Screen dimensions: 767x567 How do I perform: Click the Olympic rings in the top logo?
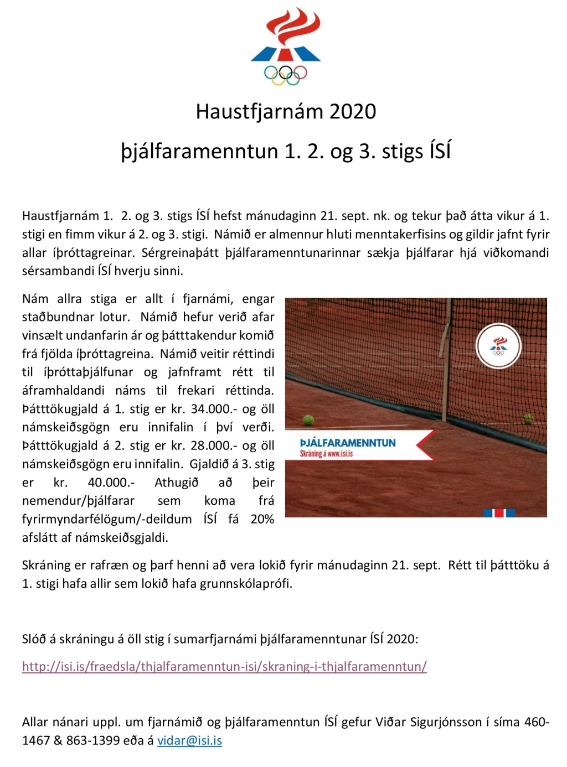pos(285,74)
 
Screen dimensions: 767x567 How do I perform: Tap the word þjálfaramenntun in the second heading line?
pos(199,151)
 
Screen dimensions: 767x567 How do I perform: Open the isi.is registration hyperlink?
pos(224,666)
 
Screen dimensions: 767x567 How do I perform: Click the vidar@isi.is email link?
pos(189,740)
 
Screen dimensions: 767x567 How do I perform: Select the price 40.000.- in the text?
pos(111,483)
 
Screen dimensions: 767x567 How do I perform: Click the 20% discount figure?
pos(262,519)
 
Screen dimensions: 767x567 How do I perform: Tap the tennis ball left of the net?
pos(308,420)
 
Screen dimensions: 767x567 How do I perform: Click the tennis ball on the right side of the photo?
pos(528,418)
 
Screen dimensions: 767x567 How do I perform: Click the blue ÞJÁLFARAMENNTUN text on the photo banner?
pos(348,443)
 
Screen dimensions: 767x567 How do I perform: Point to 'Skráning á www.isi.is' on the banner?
pos(326,454)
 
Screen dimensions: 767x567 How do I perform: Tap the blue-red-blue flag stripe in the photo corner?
pos(499,512)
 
